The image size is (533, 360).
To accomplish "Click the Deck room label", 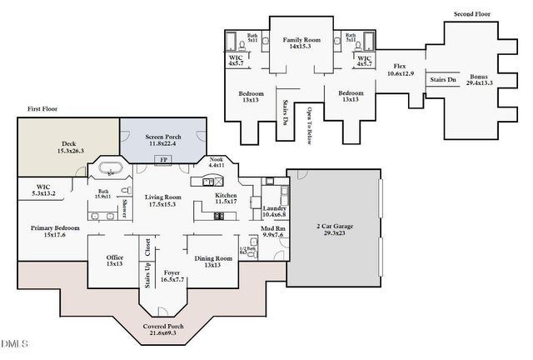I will pos(68,147).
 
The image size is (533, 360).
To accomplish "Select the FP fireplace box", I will pos(163,160).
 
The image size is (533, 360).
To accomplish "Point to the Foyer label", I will pos(172,275).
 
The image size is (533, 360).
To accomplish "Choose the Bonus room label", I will pos(479,79).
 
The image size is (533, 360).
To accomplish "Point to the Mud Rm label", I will pos(273,231).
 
